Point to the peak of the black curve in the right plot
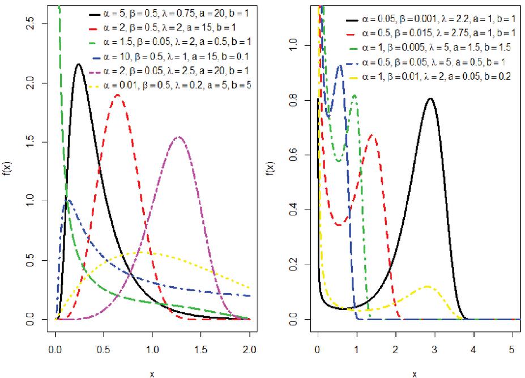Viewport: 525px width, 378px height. (x=430, y=99)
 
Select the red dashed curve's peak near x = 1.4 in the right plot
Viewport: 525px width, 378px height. (x=372, y=135)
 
